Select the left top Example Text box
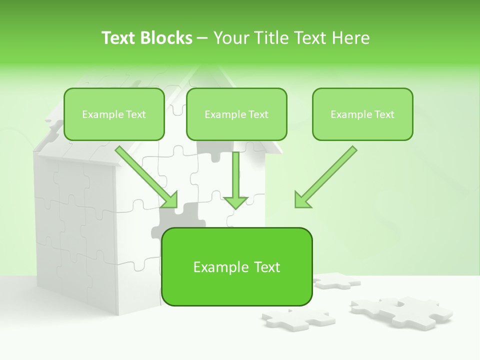coord(114,114)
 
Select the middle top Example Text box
coord(236,114)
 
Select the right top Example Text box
coord(362,114)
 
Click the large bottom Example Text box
coord(236,267)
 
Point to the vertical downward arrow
coord(235,177)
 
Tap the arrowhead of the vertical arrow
coord(235,202)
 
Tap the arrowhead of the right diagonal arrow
coord(301,199)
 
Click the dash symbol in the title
coord(202,38)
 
